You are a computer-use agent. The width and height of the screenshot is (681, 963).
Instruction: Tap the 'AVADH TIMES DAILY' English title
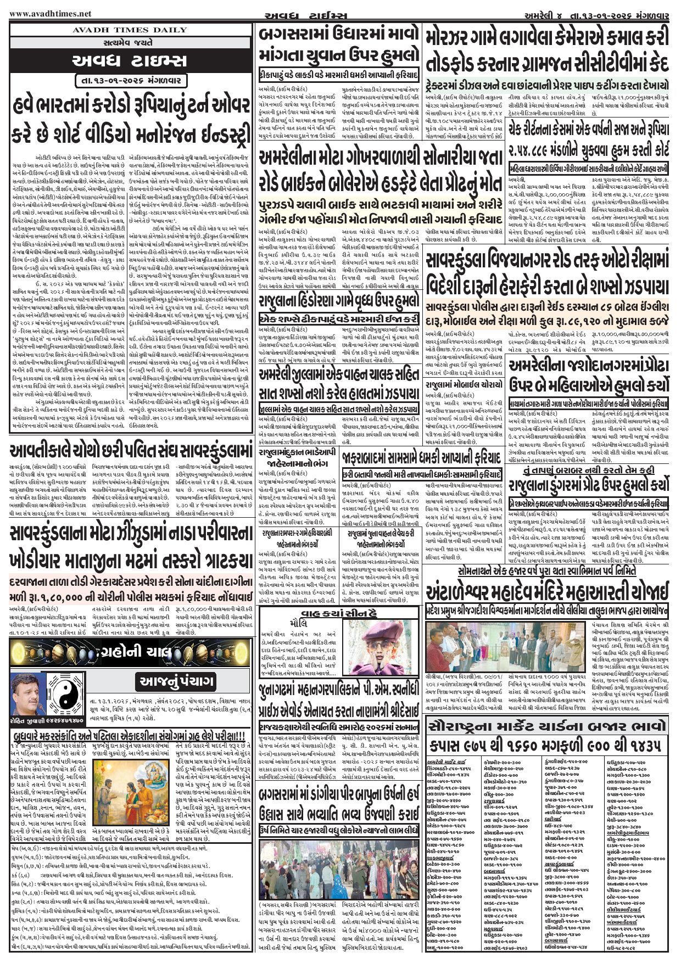point(130,30)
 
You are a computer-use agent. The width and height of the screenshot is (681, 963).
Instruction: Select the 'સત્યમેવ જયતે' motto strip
point(130,42)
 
